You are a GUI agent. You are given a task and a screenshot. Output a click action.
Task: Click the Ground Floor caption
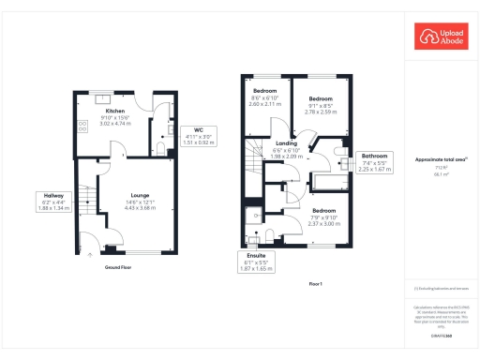click(x=118, y=267)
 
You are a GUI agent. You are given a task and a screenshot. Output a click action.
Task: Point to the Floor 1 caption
click(x=315, y=284)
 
